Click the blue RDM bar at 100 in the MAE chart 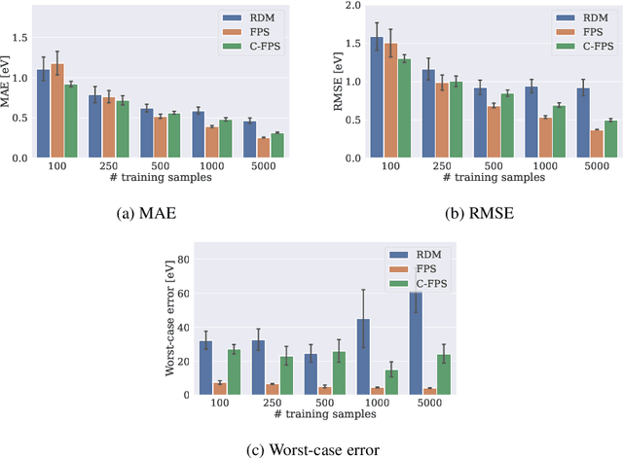[x=44, y=114]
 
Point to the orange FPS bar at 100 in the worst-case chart [x=220, y=389]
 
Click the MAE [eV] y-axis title [x=10, y=80]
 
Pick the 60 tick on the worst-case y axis [x=186, y=293]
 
